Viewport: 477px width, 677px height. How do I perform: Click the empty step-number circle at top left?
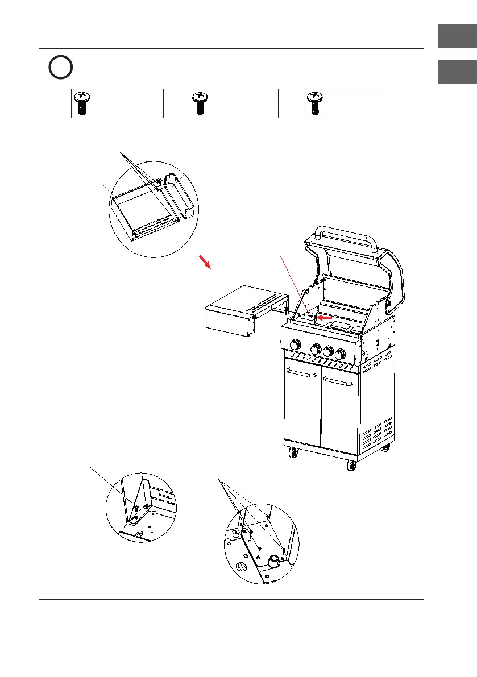pos(60,68)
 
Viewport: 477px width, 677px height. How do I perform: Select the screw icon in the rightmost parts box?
pos(313,103)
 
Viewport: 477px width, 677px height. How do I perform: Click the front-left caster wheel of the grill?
pos(294,454)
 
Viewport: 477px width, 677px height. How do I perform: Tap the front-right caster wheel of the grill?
pos(351,465)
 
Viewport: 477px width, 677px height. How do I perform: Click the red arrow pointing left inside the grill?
pos(324,318)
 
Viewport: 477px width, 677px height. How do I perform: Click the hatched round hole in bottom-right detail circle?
pos(240,567)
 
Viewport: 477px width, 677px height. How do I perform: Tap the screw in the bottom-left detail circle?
pos(136,507)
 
